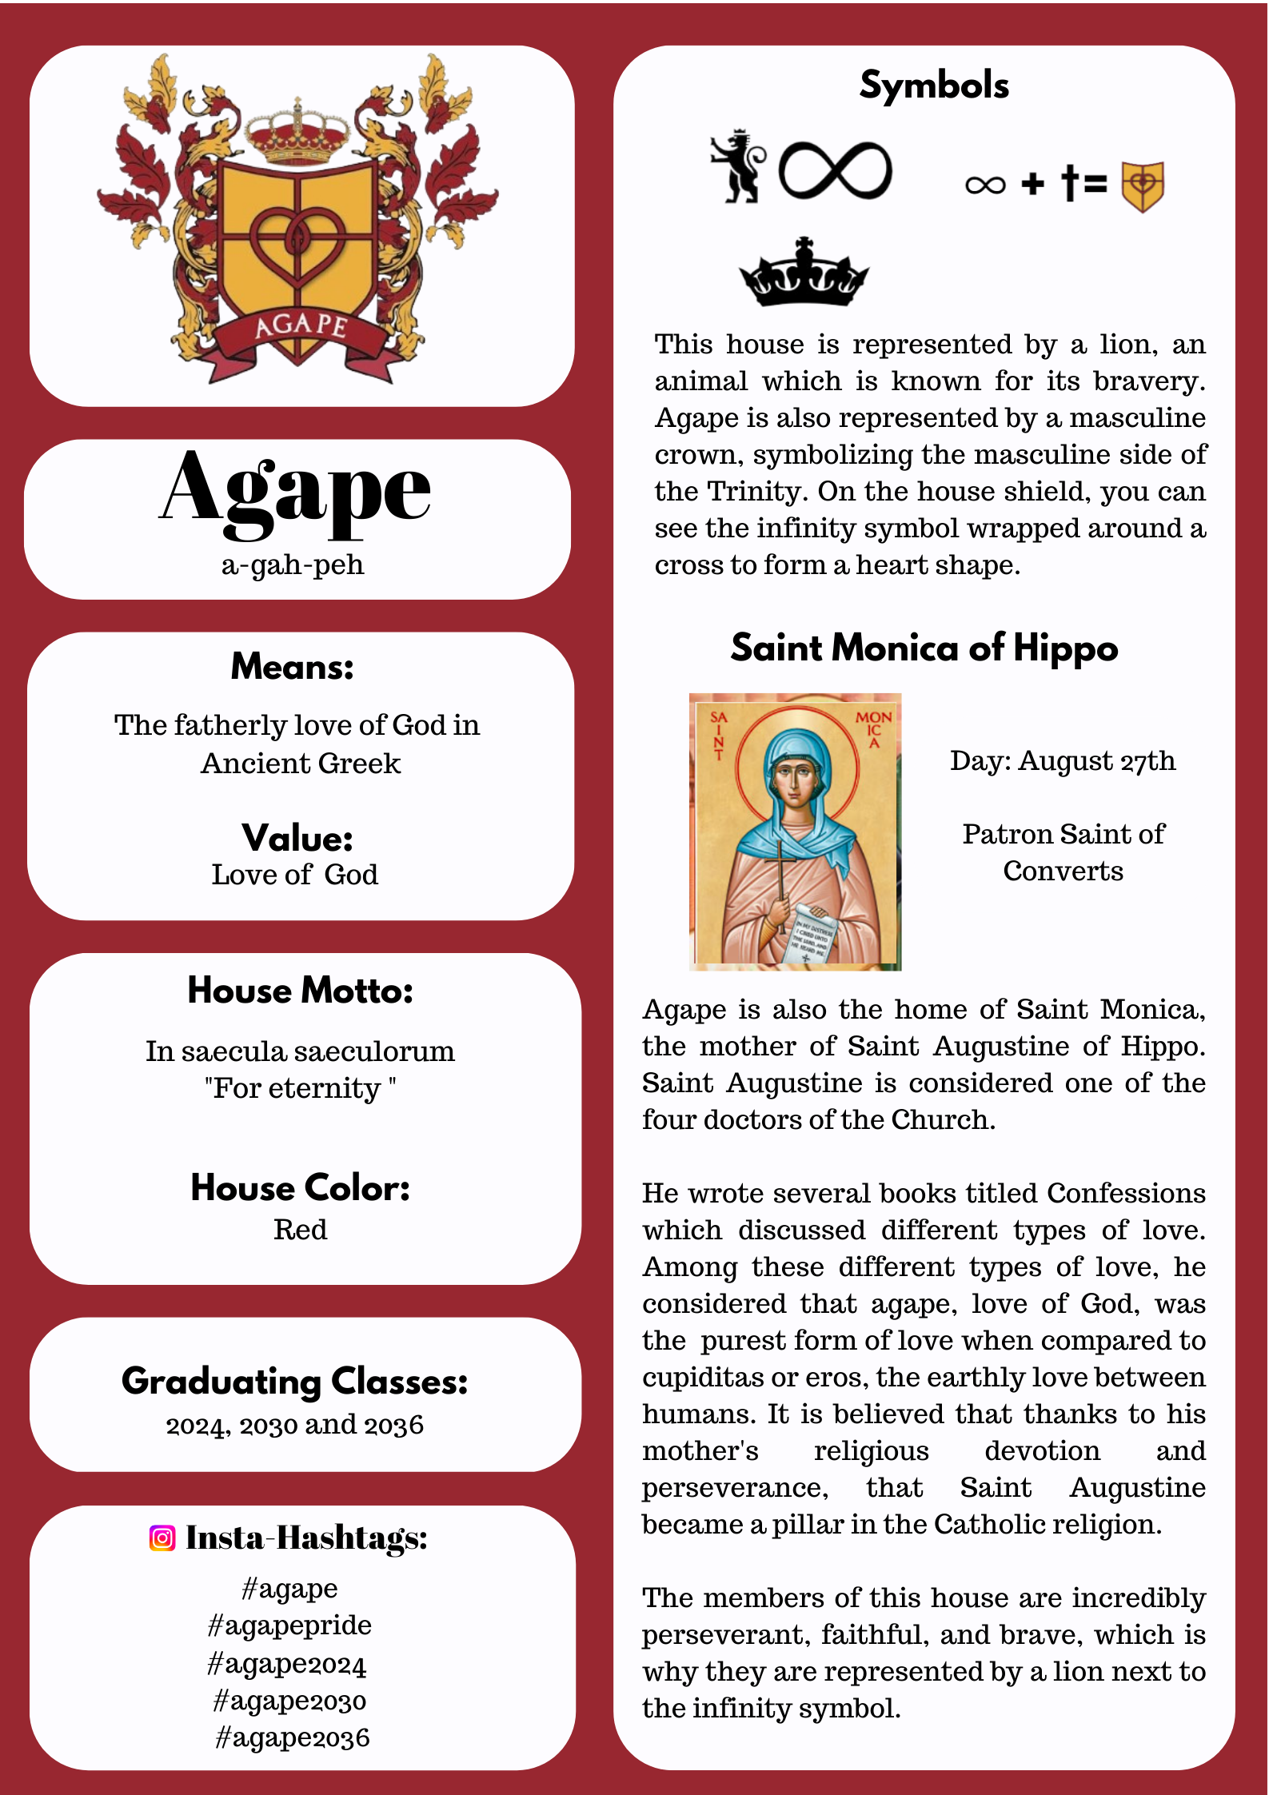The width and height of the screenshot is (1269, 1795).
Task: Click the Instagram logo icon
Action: (x=162, y=1538)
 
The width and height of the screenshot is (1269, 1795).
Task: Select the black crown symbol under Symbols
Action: (x=804, y=273)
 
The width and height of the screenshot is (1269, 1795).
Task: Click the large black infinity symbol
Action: (x=836, y=170)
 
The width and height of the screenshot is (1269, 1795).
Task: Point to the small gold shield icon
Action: (x=1143, y=186)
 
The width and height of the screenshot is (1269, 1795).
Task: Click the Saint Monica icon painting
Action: (x=795, y=832)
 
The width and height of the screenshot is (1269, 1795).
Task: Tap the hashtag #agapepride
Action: (x=289, y=1625)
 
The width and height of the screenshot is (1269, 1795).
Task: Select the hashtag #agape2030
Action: (x=289, y=1701)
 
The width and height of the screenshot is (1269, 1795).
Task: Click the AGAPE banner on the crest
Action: (x=301, y=326)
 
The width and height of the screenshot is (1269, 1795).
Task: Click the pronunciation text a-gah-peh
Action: (x=293, y=564)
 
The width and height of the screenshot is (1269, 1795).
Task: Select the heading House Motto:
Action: (x=301, y=991)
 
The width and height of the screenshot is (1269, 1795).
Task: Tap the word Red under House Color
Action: (x=301, y=1229)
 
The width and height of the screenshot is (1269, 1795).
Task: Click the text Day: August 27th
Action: (x=1063, y=760)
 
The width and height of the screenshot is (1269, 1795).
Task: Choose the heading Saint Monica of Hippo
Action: (x=924, y=648)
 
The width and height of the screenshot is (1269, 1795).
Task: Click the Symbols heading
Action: (x=934, y=85)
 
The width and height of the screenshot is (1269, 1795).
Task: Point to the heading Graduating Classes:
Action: (x=295, y=1381)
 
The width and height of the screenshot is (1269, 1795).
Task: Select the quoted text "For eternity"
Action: (x=300, y=1088)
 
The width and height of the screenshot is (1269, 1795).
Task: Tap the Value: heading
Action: (x=297, y=838)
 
